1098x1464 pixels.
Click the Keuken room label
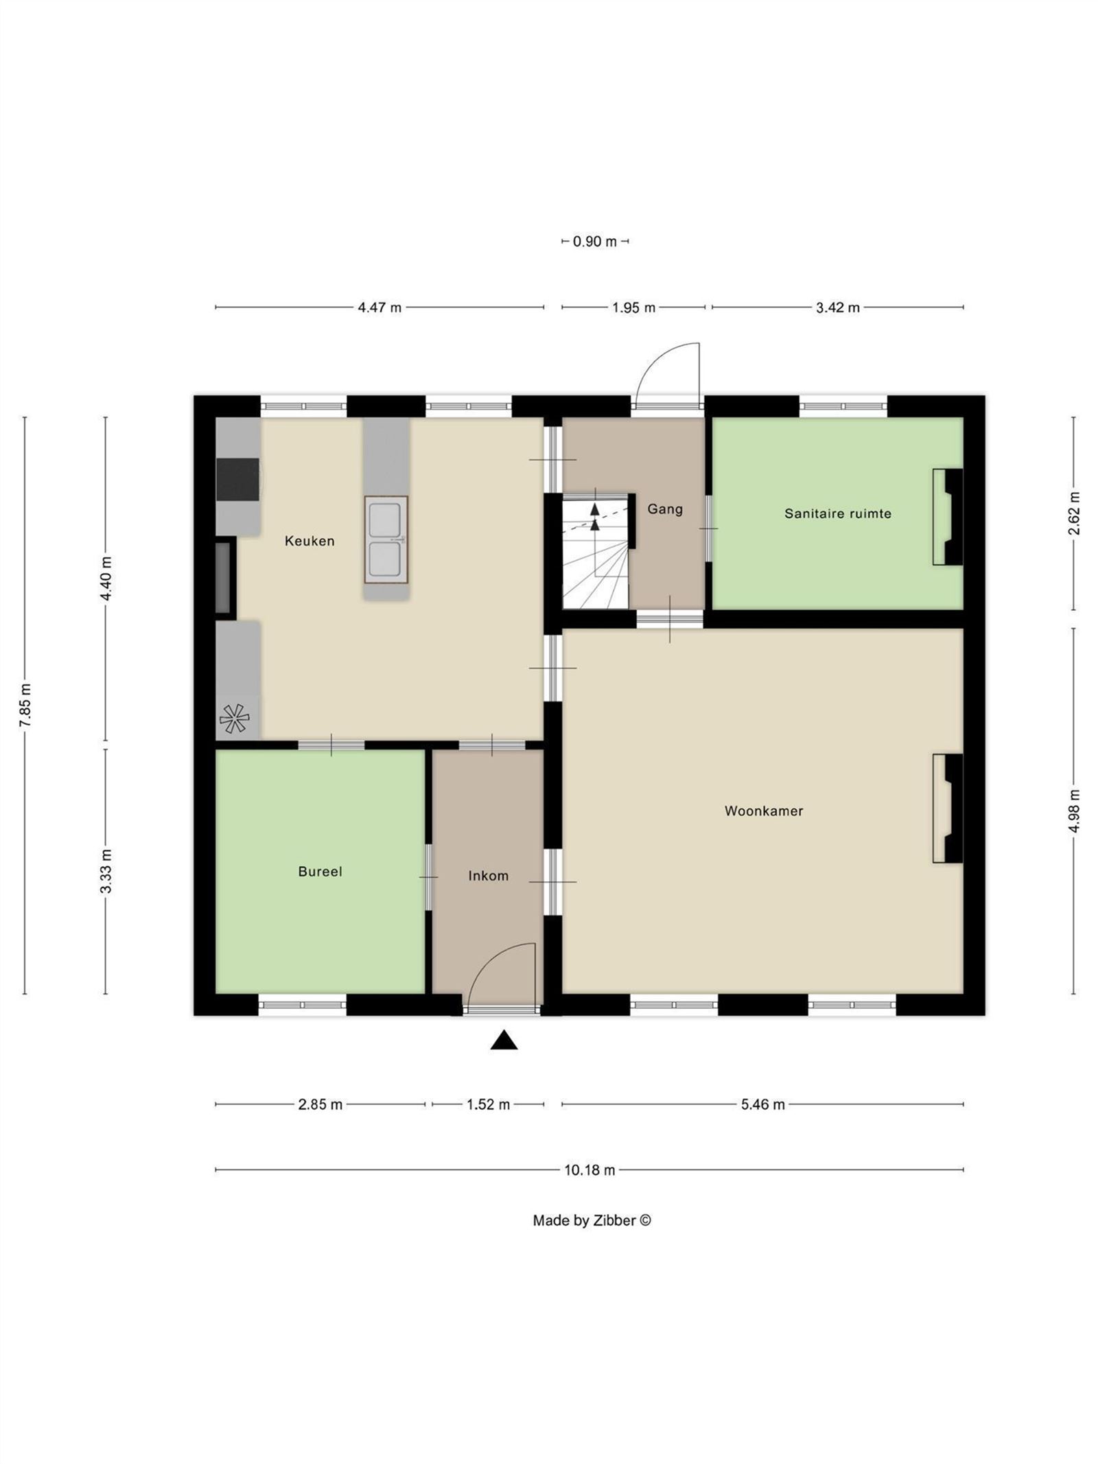click(309, 541)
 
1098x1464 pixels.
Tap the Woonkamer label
click(764, 811)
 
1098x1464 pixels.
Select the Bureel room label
click(320, 872)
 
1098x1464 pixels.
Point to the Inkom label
click(489, 876)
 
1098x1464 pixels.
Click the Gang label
click(665, 509)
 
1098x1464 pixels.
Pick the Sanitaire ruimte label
click(838, 513)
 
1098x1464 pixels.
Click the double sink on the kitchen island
click(386, 539)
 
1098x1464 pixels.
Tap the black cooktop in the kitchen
click(238, 479)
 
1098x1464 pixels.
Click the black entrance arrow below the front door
click(504, 1041)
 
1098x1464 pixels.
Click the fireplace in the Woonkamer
click(948, 808)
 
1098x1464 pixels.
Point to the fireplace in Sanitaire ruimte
click(948, 517)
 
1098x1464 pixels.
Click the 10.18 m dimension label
click(589, 1170)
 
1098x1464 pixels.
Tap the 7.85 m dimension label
click(25, 705)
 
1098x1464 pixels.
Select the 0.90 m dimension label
click(595, 242)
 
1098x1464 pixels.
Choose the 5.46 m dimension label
click(762, 1105)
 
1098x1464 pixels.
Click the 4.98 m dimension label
click(1075, 811)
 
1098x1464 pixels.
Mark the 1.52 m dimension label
click(489, 1105)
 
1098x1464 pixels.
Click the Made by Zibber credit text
click(592, 1221)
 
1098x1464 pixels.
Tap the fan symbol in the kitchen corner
click(234, 719)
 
